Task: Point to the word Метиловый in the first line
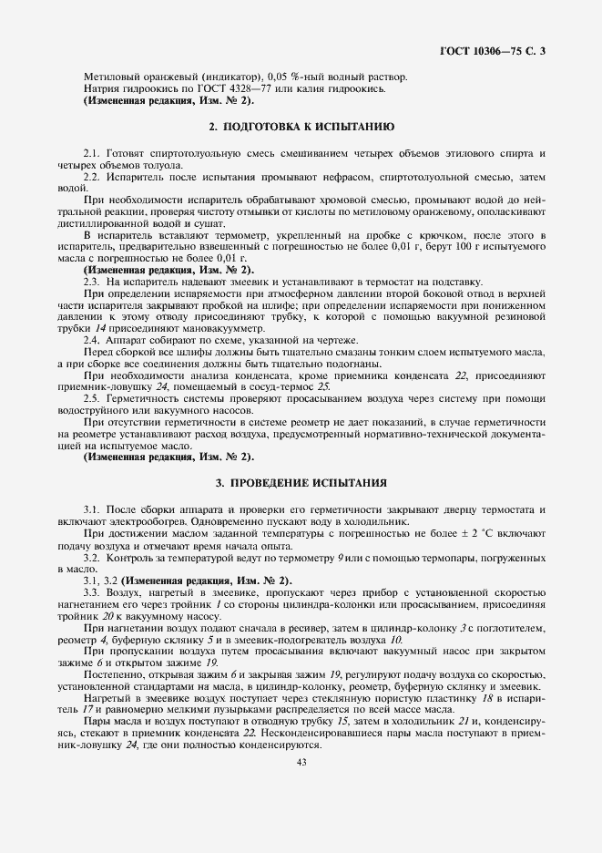tap(108, 77)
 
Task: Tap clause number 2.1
tap(91, 149)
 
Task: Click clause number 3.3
tap(91, 592)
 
